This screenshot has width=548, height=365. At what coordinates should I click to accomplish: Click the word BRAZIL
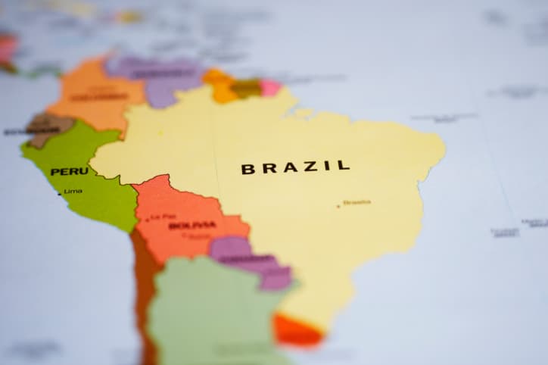(295, 167)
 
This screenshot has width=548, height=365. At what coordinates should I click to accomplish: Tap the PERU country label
(70, 171)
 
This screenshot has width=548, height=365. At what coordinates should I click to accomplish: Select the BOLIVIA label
(192, 225)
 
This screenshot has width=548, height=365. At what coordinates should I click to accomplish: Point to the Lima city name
(73, 191)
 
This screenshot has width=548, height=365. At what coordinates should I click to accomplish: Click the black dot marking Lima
(60, 192)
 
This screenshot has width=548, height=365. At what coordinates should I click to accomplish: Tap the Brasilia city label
(357, 203)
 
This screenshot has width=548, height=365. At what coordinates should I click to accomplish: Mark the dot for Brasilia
(338, 205)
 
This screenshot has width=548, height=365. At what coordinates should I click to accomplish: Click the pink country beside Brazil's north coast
(270, 87)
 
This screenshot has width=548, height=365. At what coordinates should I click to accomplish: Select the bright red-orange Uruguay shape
(295, 331)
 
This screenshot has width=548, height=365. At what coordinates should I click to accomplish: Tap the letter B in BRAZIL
(248, 169)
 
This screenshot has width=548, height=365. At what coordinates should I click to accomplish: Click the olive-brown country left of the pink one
(246, 89)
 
